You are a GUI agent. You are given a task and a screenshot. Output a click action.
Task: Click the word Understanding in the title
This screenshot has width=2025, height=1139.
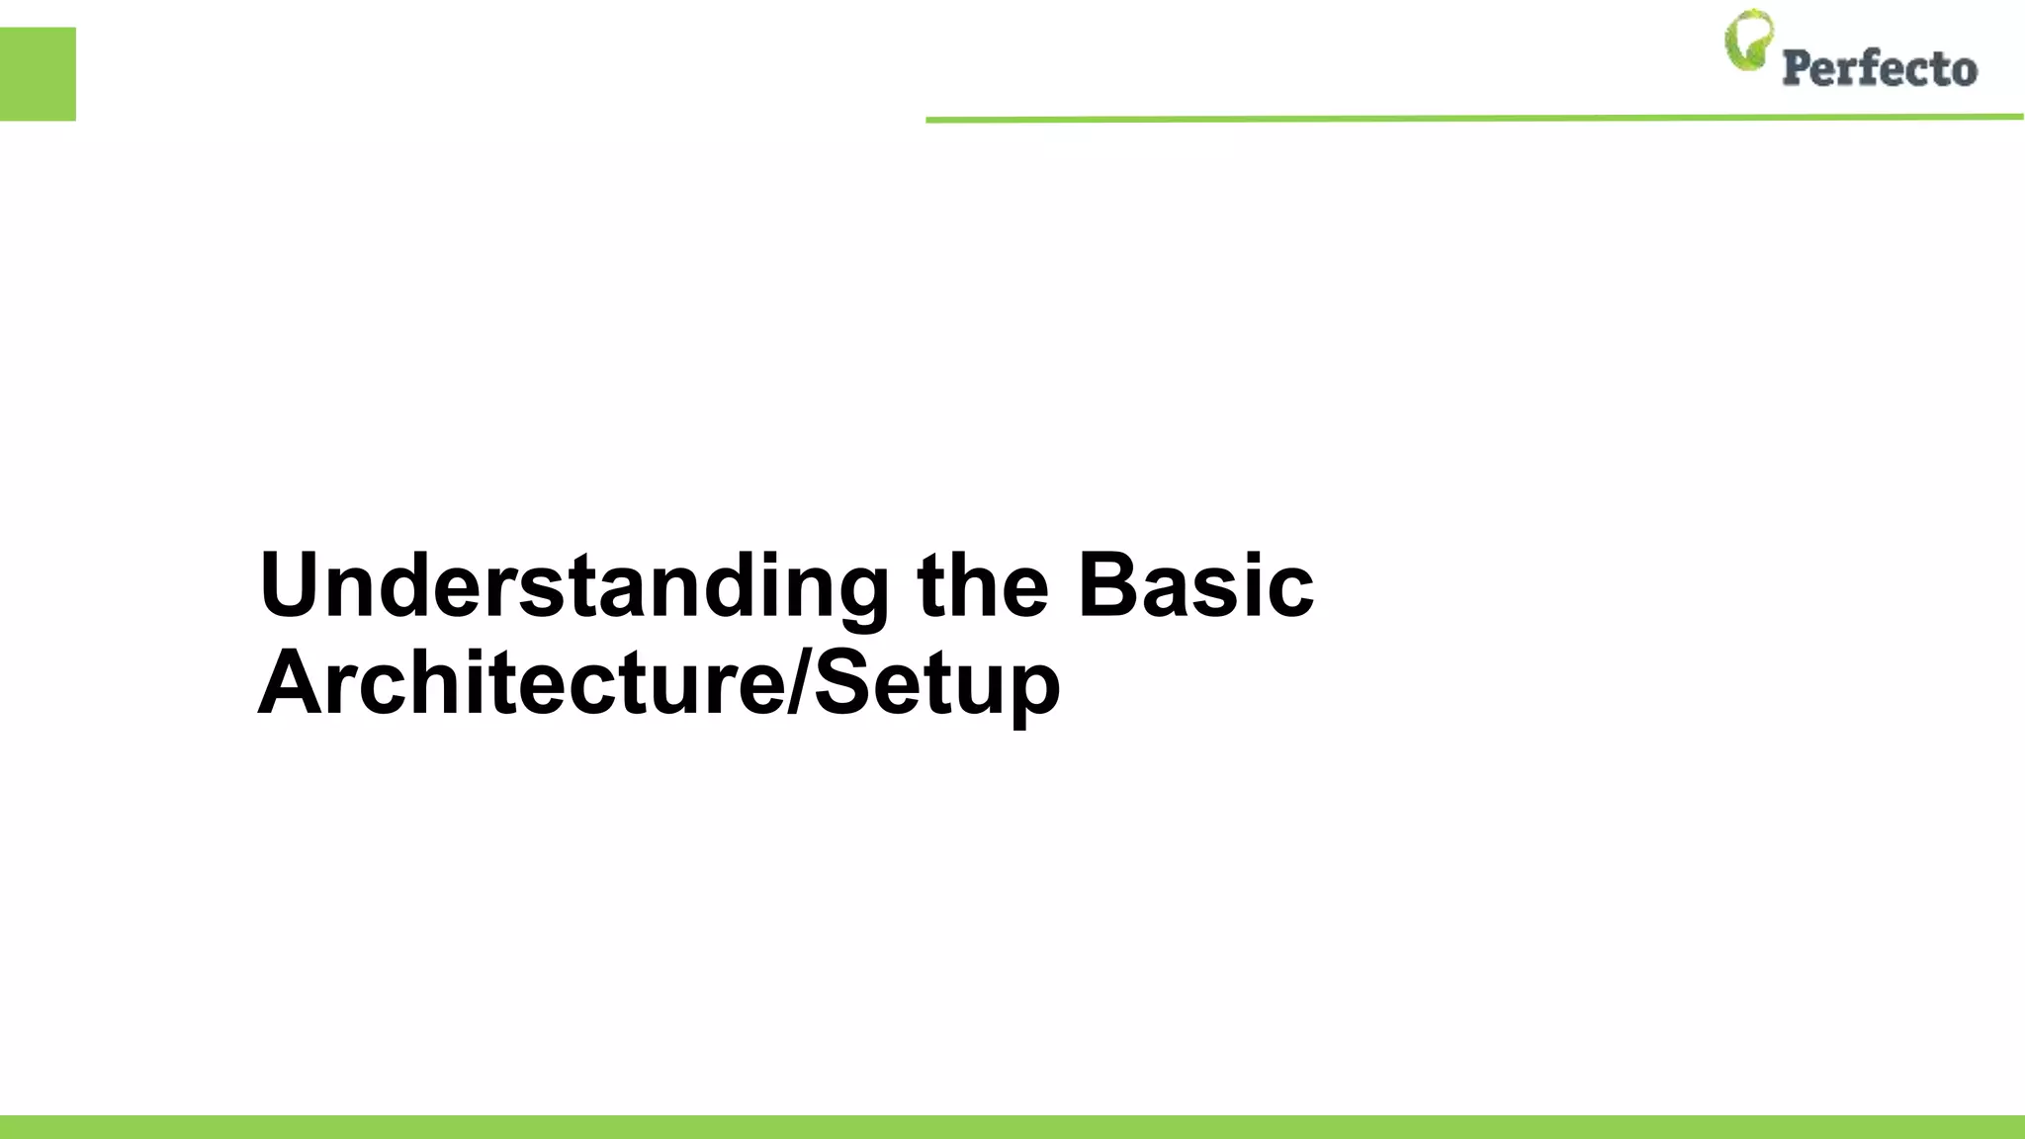[573, 586]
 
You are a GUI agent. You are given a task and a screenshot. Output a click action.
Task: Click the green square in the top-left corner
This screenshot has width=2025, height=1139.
[38, 74]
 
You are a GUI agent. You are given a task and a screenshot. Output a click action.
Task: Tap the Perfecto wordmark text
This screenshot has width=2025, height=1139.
[1879, 68]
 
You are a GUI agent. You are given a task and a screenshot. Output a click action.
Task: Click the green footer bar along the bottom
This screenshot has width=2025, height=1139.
[1012, 1126]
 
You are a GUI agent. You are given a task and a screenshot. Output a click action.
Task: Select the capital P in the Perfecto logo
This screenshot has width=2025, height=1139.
[1798, 67]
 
